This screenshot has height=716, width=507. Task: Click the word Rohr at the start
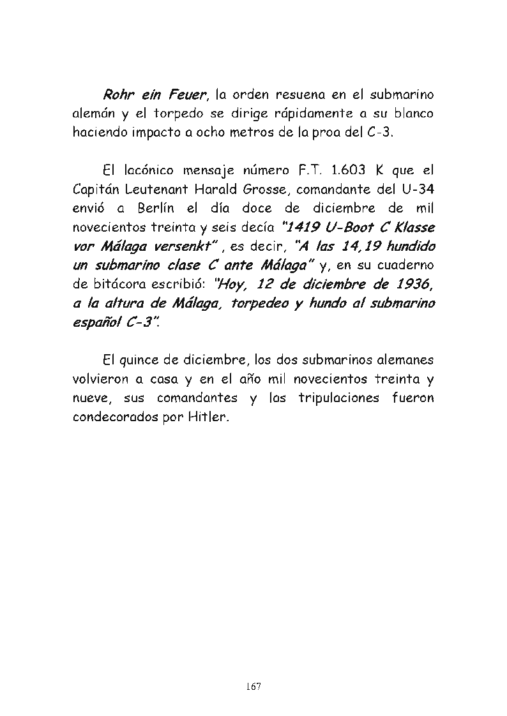point(119,95)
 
